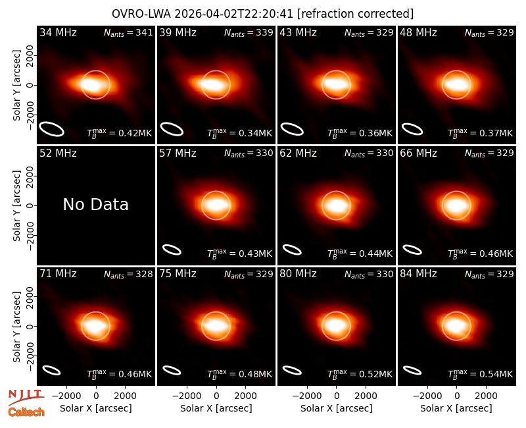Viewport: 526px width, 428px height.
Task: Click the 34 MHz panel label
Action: pyautogui.click(x=58, y=32)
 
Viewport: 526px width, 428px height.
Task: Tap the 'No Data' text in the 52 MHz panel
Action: pyautogui.click(x=95, y=205)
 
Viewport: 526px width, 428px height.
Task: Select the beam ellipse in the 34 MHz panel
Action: pyautogui.click(x=52, y=129)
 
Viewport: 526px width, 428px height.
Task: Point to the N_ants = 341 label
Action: pyautogui.click(x=128, y=32)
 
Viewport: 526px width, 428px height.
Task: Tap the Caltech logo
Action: pyautogui.click(x=26, y=412)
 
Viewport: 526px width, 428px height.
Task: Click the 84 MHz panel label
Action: pyautogui.click(x=418, y=274)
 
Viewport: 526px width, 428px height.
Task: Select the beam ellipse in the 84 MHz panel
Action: pyautogui.click(x=412, y=370)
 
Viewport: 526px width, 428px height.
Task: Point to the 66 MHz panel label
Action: pyautogui.click(x=418, y=153)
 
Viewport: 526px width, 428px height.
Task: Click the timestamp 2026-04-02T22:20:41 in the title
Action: pyautogui.click(x=233, y=14)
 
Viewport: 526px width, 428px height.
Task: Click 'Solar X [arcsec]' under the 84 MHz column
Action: pyautogui.click(x=456, y=408)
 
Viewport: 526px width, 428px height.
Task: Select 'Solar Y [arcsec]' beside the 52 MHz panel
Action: pyautogui.click(x=17, y=205)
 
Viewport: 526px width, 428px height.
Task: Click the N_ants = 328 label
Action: pyautogui.click(x=128, y=274)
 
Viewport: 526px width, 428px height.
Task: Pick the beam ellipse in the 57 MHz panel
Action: pyautogui.click(x=172, y=250)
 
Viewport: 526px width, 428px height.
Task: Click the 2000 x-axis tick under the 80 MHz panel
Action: pyautogui.click(x=366, y=396)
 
